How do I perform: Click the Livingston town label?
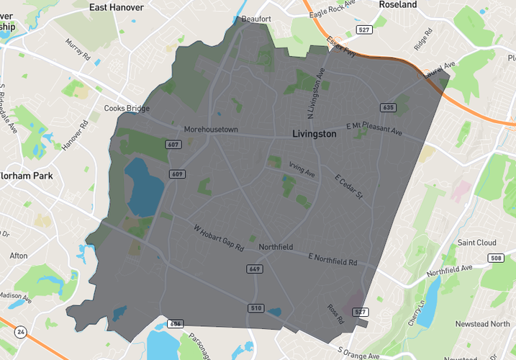coord(314,134)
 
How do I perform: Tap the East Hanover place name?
coord(114,7)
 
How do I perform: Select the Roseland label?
coord(398,4)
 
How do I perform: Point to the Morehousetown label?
coord(211,130)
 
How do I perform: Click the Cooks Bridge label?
coord(127,109)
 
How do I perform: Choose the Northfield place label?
coord(276,247)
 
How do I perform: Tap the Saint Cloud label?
coord(477,243)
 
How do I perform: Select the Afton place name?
coord(19,256)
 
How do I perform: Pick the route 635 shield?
coord(388,107)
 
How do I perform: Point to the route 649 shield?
coord(253,269)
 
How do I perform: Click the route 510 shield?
coord(255,308)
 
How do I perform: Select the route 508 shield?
coord(495,258)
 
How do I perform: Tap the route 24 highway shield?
coord(19,332)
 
